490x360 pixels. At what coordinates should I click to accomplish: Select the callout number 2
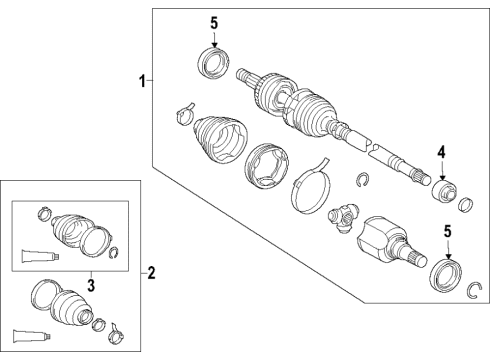151,271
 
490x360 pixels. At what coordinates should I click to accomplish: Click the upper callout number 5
212,23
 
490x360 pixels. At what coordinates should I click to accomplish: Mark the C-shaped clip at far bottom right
476,290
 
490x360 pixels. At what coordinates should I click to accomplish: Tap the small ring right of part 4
464,205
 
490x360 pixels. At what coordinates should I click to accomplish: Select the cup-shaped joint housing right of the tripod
383,240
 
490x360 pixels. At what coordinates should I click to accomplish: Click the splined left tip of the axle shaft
242,73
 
